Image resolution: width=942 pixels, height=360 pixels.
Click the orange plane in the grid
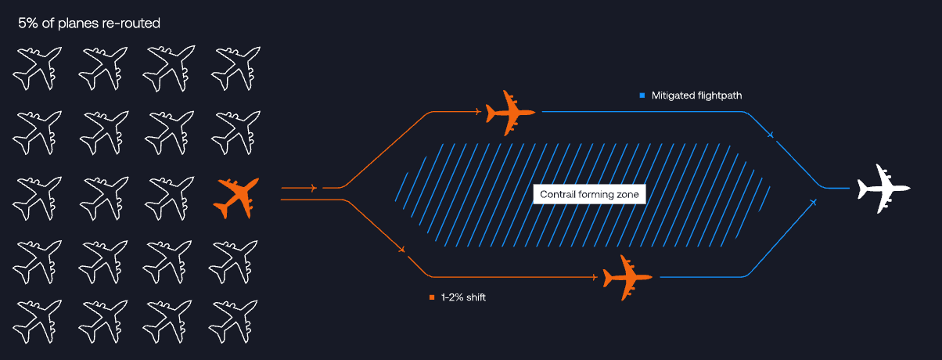coord(236,198)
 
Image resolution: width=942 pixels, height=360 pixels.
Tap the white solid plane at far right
coord(883,189)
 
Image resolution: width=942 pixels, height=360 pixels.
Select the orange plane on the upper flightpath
coord(510,112)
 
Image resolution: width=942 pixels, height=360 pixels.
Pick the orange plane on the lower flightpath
coord(627,277)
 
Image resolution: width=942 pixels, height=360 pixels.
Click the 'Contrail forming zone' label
coord(589,194)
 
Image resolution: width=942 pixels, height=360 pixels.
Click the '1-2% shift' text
coord(463,297)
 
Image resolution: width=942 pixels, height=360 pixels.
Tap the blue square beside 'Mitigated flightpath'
coord(642,95)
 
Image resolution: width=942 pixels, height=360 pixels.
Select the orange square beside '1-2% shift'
coord(431,297)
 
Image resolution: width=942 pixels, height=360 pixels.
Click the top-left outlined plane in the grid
coord(36,68)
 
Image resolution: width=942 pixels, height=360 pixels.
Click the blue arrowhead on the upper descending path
coord(771,135)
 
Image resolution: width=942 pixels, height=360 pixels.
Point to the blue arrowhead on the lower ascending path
coord(814,203)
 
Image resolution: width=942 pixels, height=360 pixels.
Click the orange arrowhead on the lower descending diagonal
coord(401,250)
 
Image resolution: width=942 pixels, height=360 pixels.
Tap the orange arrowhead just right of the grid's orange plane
coord(313,188)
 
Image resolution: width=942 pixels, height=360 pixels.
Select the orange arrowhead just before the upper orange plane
coord(476,112)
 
